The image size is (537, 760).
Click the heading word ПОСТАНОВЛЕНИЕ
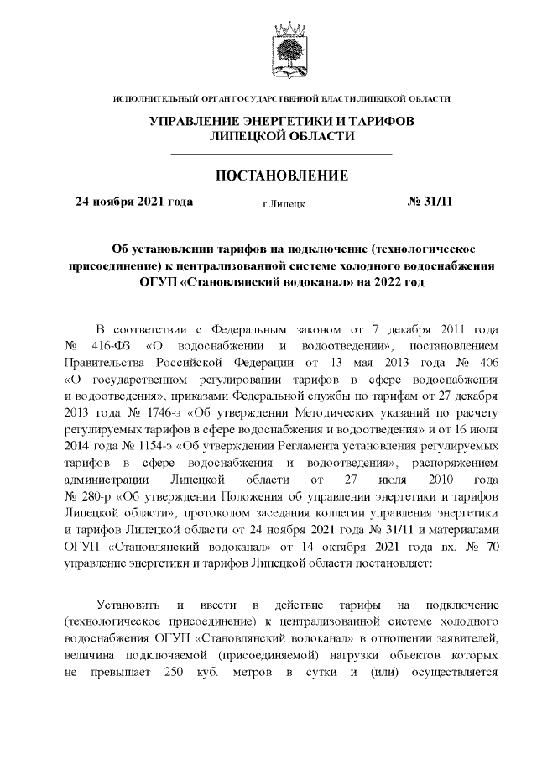coord(282,176)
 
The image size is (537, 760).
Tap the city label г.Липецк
coord(284,203)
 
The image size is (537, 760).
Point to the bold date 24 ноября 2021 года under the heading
coord(134,202)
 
